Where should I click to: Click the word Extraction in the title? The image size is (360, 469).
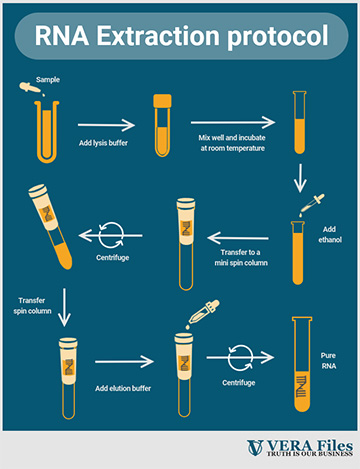tap(158, 35)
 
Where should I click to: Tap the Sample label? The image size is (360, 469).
tap(48, 80)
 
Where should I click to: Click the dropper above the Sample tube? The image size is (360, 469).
tap(32, 89)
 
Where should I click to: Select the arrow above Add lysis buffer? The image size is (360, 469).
tap(106, 125)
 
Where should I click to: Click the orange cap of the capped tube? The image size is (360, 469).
tap(162, 101)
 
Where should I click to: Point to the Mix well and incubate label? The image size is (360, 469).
tap(232, 143)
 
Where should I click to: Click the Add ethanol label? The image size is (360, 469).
tap(330, 234)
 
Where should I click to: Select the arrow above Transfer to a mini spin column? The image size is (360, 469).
tap(238, 238)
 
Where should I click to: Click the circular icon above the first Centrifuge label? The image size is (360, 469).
tap(111, 235)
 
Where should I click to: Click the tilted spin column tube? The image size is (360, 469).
tap(51, 227)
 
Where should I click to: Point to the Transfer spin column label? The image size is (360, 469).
tap(32, 306)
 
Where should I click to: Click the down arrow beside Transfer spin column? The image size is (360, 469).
tap(64, 307)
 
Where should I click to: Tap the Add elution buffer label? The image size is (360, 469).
tap(123, 388)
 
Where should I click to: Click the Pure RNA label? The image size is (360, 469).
tap(329, 361)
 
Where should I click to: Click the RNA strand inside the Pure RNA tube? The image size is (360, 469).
tap(301, 386)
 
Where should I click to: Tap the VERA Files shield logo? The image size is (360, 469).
tap(255, 448)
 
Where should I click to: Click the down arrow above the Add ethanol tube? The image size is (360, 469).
tap(300, 178)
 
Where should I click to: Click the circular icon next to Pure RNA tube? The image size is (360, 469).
tap(240, 358)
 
